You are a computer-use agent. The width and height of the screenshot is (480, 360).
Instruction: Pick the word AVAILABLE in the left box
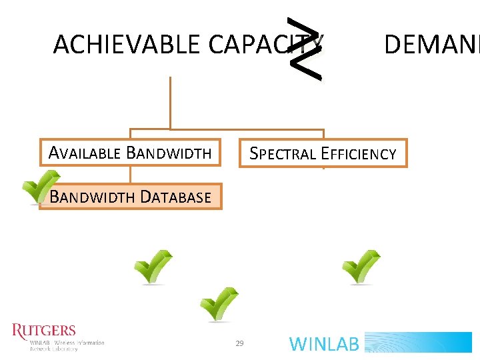click(85, 153)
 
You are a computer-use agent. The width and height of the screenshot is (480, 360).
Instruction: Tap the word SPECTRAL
click(283, 154)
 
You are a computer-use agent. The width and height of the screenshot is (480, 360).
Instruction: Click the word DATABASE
click(176, 197)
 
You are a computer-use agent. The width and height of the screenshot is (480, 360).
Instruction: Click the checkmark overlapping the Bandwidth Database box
click(41, 187)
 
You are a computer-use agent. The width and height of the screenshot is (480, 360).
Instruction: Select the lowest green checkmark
click(219, 304)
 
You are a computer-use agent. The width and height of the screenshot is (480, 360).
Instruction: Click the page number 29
click(240, 343)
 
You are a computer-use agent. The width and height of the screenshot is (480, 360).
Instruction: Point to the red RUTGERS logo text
click(44, 331)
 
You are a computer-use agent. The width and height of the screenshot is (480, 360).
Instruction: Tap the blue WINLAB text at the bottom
click(325, 344)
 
